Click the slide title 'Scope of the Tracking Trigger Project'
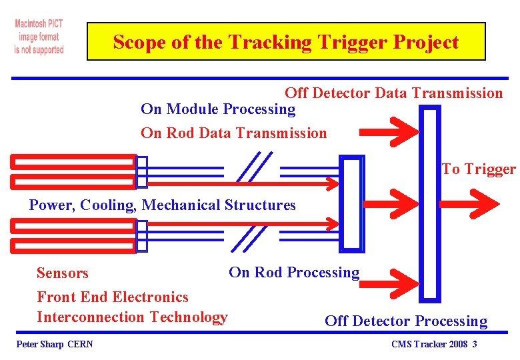(286, 42)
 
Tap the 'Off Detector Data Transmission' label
(393, 93)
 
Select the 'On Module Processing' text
(217, 109)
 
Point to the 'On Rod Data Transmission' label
(233, 133)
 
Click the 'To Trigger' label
(478, 169)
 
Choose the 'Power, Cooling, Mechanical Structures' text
(162, 205)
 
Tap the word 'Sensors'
(62, 273)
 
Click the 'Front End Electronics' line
(113, 297)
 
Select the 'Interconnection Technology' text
(132, 317)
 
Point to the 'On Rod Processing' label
(293, 272)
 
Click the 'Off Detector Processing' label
(406, 321)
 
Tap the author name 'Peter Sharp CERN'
(54, 344)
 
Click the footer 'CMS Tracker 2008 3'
(434, 344)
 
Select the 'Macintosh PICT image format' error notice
(39, 37)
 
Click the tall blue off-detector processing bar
(431, 203)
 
